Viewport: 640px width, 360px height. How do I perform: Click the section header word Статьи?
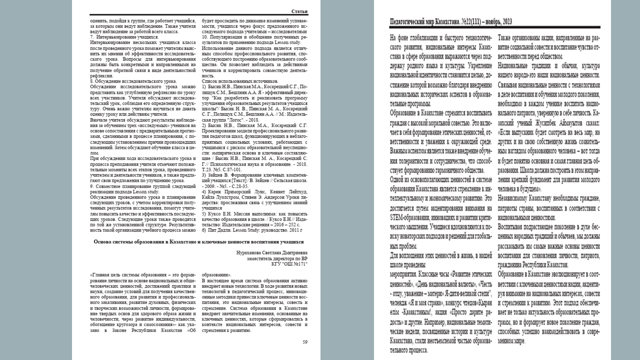click(x=299, y=11)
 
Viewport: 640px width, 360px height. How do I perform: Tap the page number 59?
click(x=304, y=342)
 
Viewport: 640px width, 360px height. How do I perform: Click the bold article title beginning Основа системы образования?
click(x=199, y=241)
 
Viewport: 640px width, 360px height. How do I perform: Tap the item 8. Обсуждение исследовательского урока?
click(x=132, y=80)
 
